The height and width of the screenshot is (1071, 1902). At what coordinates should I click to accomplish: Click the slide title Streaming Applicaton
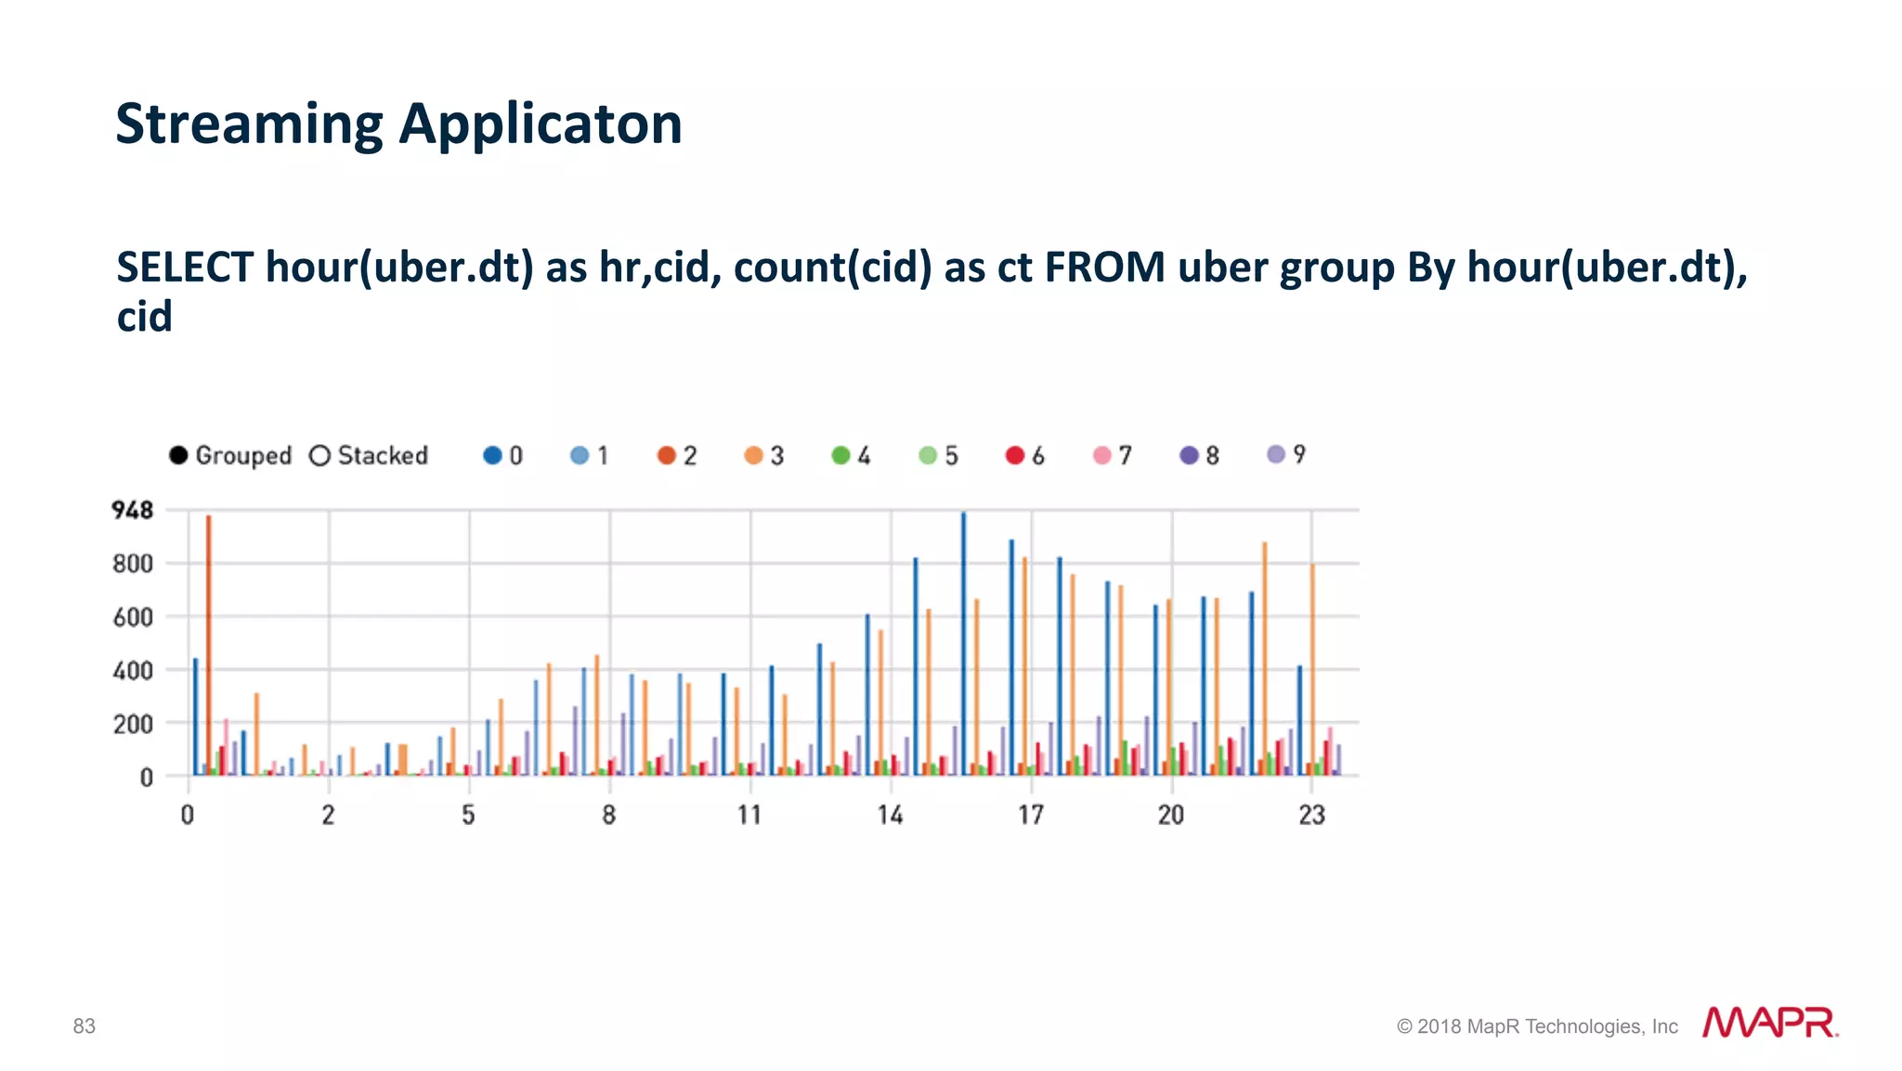[398, 124]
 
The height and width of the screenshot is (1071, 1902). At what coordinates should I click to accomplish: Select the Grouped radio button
[178, 455]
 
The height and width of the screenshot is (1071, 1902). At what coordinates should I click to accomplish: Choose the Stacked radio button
[320, 455]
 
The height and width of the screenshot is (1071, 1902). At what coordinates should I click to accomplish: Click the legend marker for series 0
[492, 455]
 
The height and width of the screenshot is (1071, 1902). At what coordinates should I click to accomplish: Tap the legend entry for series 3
[764, 455]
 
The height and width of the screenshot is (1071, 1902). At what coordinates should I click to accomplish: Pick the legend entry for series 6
[1025, 455]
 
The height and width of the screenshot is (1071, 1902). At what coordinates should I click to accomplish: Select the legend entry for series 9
[1286, 454]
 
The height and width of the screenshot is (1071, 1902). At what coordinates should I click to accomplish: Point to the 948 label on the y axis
[132, 510]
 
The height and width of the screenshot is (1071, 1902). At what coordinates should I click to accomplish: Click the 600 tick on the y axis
[132, 617]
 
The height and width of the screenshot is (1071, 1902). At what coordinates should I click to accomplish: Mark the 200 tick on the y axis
[132, 724]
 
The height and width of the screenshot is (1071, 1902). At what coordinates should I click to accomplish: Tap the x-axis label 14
[890, 816]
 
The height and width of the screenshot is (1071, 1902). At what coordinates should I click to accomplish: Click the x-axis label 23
[1311, 816]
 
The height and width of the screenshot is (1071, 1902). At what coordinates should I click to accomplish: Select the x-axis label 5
[468, 816]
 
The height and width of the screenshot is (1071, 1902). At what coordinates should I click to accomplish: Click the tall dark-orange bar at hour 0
[209, 650]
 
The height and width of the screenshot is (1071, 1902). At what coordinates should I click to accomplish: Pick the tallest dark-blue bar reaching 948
[963, 650]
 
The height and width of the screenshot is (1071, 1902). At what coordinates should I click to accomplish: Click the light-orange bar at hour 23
[1312, 669]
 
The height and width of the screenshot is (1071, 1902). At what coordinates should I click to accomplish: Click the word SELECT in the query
[184, 268]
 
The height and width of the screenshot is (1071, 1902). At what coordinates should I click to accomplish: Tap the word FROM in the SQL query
[1104, 268]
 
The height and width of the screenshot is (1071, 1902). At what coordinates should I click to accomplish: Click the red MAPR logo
[1769, 1023]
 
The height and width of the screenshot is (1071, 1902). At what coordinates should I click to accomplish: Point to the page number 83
[85, 1025]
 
